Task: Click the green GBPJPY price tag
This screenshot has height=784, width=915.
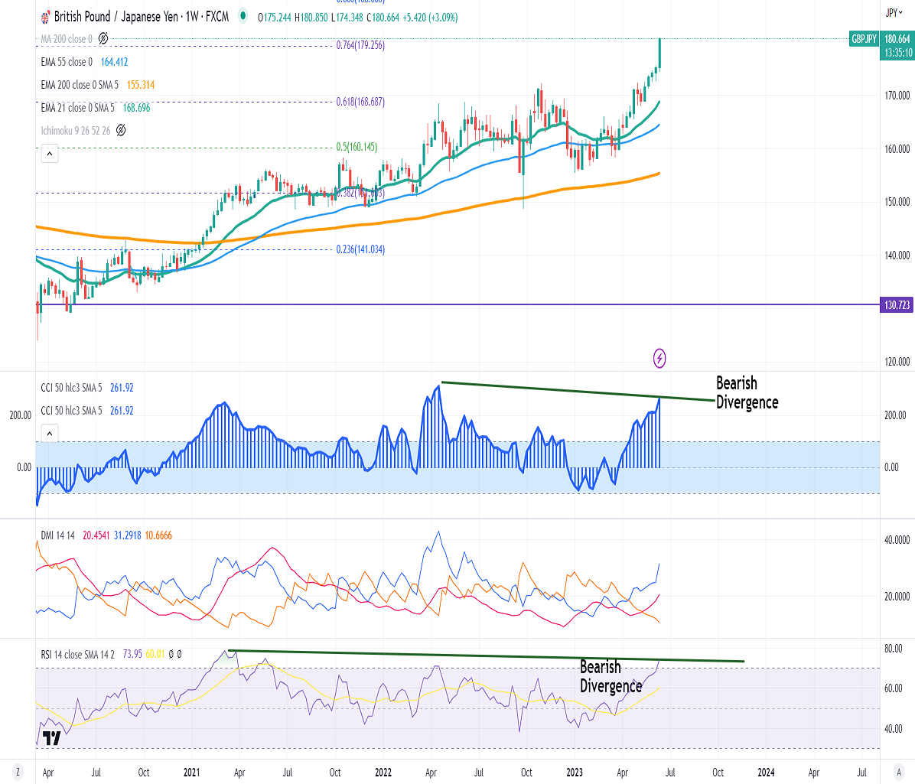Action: (865, 39)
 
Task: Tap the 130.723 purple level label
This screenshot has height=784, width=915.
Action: (897, 305)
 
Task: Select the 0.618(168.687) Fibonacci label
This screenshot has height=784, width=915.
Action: (360, 102)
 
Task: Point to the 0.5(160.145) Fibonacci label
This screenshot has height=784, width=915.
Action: (357, 147)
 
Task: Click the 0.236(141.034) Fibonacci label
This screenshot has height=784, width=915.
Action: (360, 249)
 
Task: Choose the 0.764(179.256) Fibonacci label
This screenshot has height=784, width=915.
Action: (360, 45)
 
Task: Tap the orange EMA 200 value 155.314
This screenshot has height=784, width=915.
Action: (141, 85)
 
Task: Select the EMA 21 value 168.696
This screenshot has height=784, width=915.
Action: (136, 108)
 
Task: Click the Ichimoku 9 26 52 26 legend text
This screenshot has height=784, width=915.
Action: (75, 131)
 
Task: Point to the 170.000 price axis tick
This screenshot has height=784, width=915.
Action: (897, 96)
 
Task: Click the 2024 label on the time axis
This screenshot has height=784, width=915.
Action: (766, 773)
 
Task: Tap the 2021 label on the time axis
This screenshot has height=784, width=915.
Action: (191, 773)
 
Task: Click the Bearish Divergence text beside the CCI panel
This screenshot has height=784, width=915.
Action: (747, 392)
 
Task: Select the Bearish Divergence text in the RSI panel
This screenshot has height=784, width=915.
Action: (611, 676)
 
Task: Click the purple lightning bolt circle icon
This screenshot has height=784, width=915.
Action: (659, 357)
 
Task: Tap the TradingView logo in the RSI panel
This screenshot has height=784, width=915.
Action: (51, 738)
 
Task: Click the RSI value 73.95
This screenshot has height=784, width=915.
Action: (132, 655)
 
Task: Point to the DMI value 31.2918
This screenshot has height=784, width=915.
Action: (127, 535)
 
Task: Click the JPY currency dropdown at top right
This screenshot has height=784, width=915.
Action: (891, 12)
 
